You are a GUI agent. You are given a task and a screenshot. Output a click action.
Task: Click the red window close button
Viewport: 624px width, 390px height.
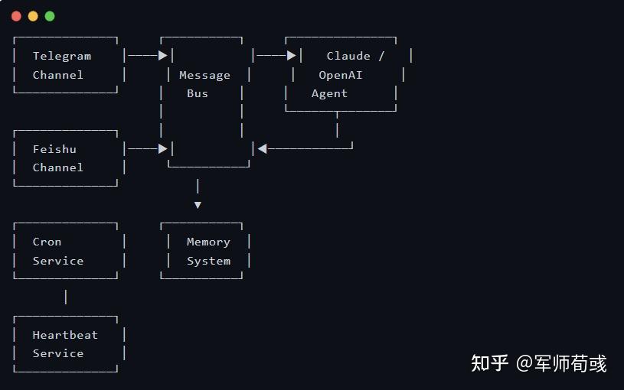click(16, 16)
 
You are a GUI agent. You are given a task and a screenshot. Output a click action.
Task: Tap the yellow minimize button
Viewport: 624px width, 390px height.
click(33, 16)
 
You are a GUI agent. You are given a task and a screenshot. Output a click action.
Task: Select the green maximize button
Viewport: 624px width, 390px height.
click(50, 16)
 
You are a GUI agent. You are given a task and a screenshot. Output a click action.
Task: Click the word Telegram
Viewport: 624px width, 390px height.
click(62, 56)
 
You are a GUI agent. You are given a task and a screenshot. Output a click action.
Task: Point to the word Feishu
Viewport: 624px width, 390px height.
click(54, 149)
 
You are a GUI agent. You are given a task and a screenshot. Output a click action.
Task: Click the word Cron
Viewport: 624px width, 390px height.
click(47, 242)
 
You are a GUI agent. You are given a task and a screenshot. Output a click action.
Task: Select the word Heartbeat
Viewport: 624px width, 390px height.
click(65, 335)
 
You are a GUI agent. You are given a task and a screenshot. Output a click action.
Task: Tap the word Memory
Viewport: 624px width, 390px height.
click(208, 242)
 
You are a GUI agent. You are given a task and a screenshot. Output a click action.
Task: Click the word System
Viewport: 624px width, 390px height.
click(208, 261)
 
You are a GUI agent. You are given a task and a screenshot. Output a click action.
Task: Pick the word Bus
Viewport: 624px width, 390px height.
click(198, 93)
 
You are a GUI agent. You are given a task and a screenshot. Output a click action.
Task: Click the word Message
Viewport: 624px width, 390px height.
click(204, 75)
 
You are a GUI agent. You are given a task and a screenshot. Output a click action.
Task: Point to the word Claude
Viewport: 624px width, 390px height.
click(348, 56)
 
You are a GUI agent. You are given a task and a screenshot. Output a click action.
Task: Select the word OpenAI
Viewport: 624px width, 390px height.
click(341, 75)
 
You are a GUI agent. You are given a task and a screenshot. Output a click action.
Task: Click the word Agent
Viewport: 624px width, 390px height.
click(329, 93)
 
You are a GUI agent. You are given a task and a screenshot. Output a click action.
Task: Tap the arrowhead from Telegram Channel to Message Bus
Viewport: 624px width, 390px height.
click(162, 55)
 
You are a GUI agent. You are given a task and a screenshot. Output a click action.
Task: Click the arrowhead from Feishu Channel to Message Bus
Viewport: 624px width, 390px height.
click(162, 148)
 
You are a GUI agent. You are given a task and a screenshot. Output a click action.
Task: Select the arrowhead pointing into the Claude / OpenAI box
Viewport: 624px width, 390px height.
click(291, 55)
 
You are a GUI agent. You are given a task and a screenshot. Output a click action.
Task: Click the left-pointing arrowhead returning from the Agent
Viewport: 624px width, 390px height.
click(263, 148)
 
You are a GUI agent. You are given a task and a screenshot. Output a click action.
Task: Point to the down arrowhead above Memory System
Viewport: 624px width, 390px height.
click(198, 205)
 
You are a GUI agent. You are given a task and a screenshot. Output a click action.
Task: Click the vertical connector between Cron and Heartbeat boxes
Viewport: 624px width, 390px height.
click(66, 297)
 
